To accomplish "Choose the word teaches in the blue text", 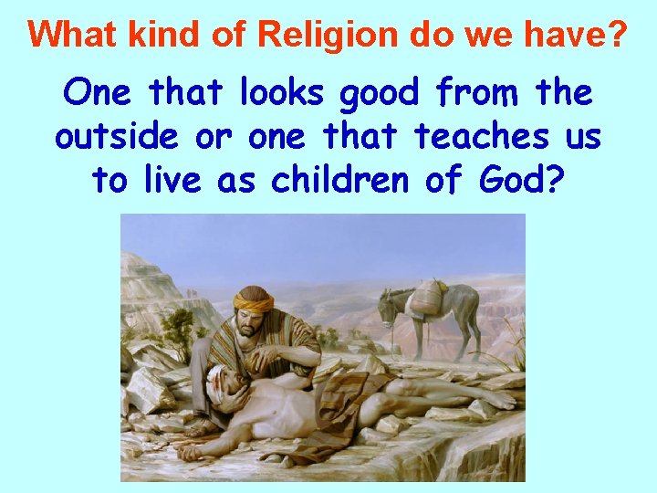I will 481,136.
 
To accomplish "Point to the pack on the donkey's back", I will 428,298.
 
